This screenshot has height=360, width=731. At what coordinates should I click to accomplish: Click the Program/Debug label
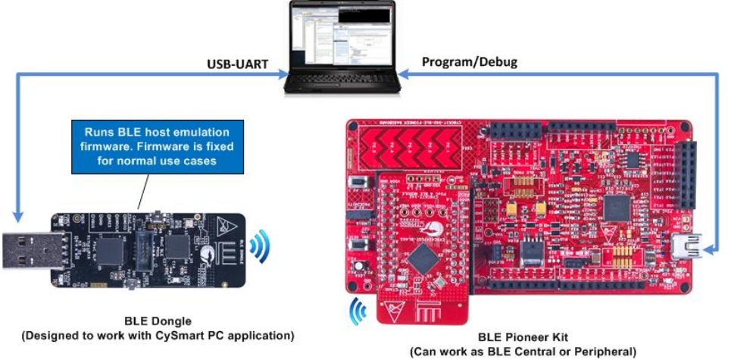pyautogui.click(x=469, y=62)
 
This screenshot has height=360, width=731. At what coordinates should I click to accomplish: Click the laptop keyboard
pyautogui.click(x=342, y=79)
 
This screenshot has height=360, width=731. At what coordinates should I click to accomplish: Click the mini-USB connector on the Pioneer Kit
pyautogui.click(x=683, y=246)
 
